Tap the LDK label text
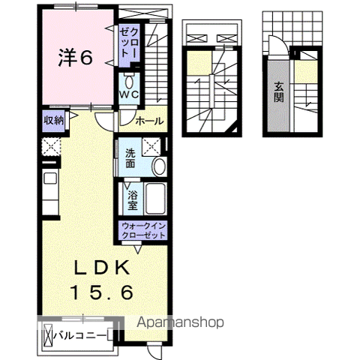click(103, 268)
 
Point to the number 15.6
click(103, 292)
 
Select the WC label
click(129, 95)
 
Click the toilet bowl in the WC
click(130, 81)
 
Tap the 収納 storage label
click(52, 120)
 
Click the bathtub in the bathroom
click(157, 199)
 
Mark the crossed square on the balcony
click(48, 334)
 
